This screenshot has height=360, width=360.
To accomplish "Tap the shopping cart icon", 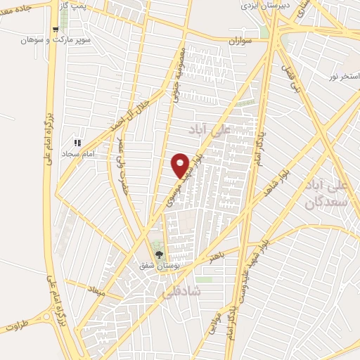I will coord(55,29).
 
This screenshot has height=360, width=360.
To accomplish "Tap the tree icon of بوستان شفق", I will coord(159,255).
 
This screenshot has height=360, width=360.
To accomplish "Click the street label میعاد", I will coord(95,288).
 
